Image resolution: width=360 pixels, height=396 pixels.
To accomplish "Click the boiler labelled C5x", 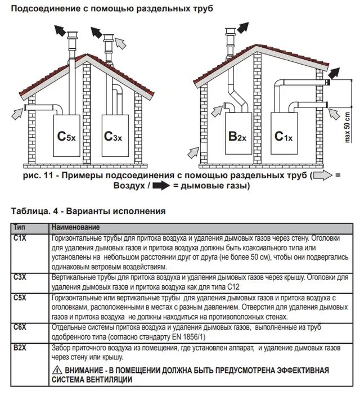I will pos(66,136).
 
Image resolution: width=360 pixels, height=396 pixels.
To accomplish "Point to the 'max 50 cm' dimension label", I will pos(347,128).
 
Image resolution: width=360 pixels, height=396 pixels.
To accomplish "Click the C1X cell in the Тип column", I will pos(20,238).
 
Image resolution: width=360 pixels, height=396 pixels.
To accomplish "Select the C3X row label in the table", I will pos(20,277).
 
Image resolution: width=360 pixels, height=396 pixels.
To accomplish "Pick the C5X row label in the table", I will pos(20,297).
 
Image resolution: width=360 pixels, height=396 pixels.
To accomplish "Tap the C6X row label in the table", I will pos(20,327).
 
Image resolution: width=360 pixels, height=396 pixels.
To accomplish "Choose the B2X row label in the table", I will pos(20,347).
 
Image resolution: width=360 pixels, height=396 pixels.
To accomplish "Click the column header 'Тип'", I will pos(19,227).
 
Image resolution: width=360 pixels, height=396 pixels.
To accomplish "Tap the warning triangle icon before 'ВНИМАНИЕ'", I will pos(57,370).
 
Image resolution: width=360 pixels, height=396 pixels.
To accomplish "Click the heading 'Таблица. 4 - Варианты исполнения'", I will pos(88,211).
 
